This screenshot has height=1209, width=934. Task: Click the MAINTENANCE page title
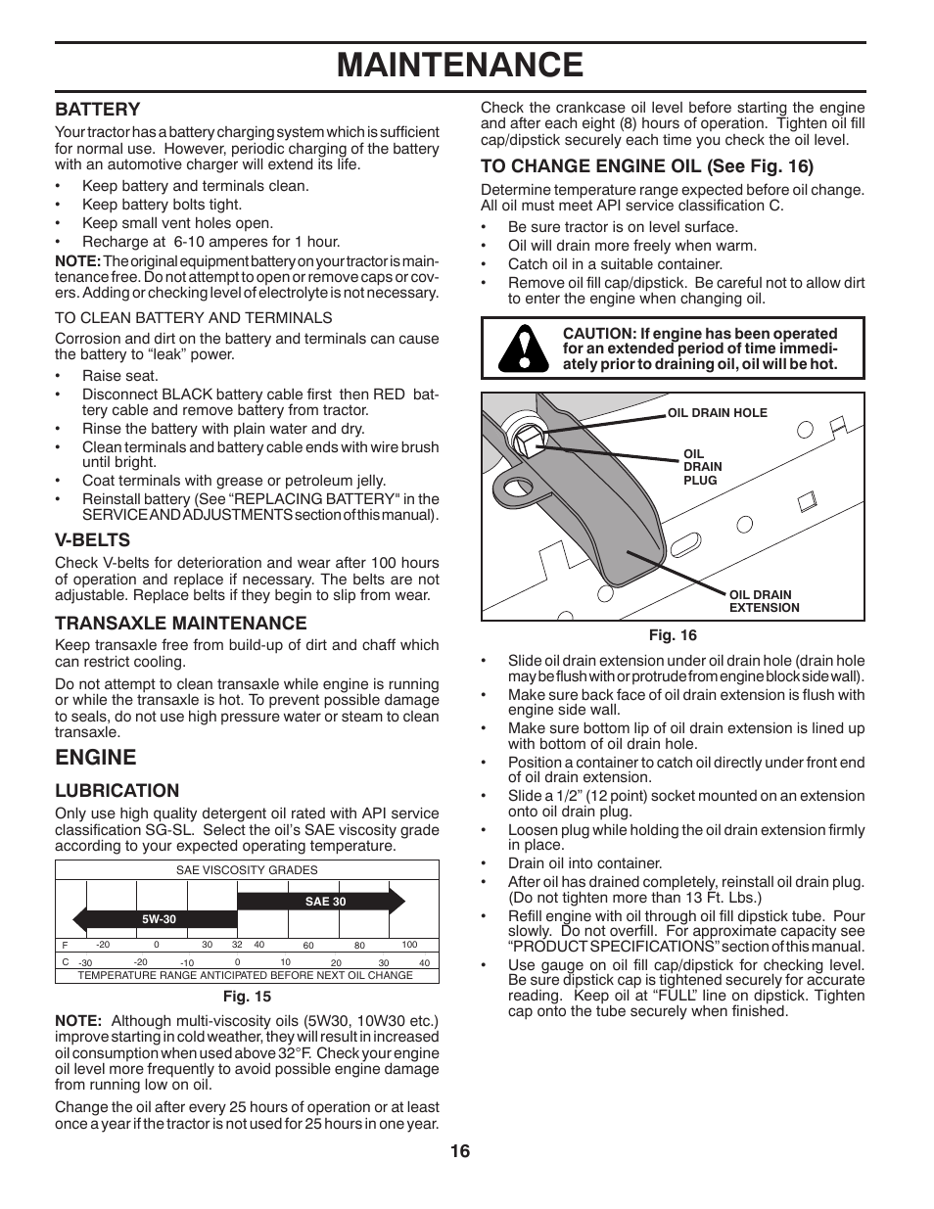pos(460,65)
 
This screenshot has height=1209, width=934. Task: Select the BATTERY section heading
pos(98,109)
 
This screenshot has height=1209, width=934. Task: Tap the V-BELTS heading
pos(92,539)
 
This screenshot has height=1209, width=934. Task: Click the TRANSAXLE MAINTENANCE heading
pos(180,623)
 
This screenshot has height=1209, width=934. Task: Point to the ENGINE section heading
pos(95,757)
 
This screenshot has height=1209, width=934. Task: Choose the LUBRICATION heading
pos(117,791)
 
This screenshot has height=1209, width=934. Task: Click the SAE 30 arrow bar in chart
pos(323,902)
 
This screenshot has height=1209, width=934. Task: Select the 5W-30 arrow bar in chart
pos(157,919)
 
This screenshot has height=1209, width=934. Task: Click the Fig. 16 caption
pos(673,635)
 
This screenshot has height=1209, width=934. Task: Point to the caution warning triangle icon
pos(521,349)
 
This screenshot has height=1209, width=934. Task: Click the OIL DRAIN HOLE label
pos(717,413)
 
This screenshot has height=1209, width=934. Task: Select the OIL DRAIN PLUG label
pos(702,467)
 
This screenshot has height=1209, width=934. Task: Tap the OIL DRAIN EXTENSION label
pos(764,601)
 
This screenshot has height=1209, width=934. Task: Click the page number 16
pos(460,1151)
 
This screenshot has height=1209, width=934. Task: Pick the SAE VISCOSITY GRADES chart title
pos(247,869)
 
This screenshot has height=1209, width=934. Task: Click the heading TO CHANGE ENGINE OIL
pos(646,165)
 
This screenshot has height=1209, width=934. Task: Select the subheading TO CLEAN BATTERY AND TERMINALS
pos(193,317)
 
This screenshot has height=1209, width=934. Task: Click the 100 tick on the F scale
pos(409,945)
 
